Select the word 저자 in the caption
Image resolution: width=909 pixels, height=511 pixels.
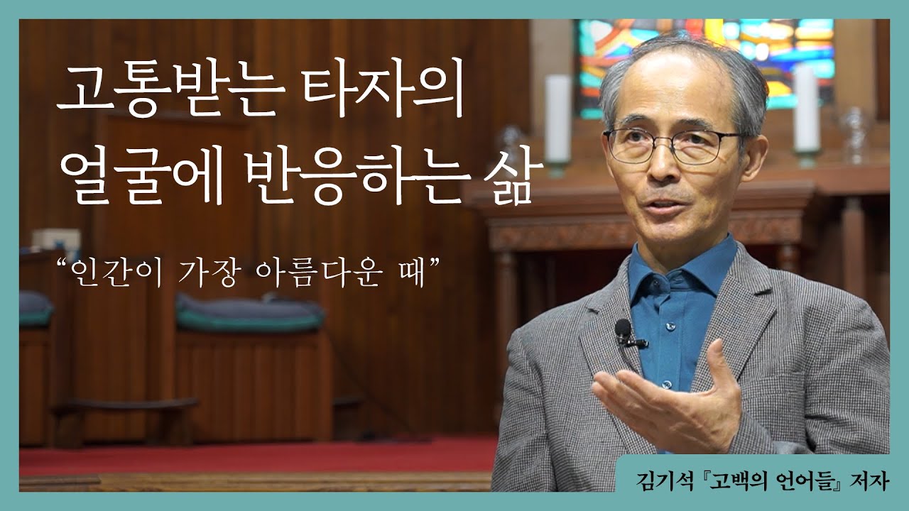coord(868,482)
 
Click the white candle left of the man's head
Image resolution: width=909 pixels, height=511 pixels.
coord(558,121)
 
